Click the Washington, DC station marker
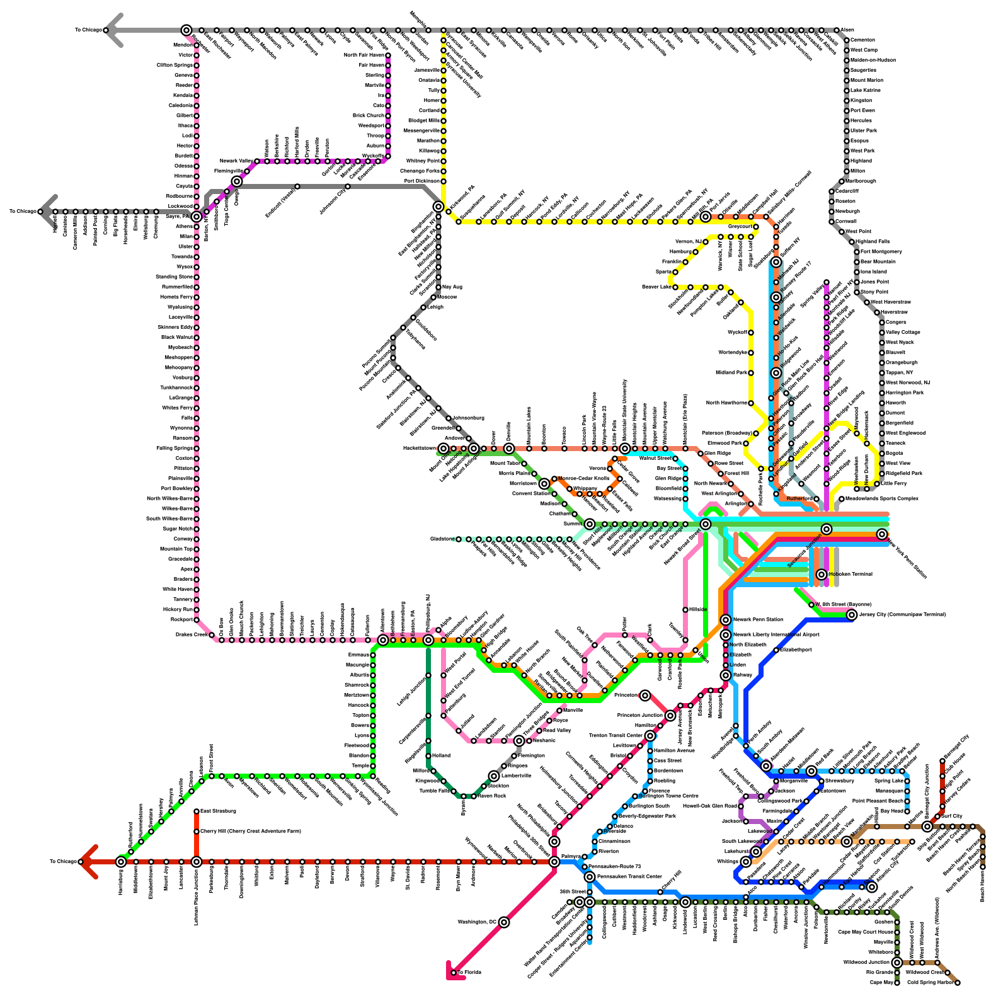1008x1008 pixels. [x=503, y=922]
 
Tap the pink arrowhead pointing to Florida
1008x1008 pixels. [x=452, y=968]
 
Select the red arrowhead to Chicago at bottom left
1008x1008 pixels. [x=87, y=862]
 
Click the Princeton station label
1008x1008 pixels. [x=626, y=696]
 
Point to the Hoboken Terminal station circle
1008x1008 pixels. [x=821, y=575]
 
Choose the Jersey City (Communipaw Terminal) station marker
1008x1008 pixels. [x=852, y=615]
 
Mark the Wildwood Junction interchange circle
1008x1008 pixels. [x=897, y=963]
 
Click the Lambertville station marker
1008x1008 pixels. [x=494, y=776]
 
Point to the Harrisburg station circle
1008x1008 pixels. [x=121, y=862]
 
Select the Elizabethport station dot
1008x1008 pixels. [x=776, y=650]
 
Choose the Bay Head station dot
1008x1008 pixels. [x=907, y=811]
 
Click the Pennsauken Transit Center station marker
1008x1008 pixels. [x=590, y=877]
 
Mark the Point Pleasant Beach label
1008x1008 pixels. [x=876, y=801]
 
